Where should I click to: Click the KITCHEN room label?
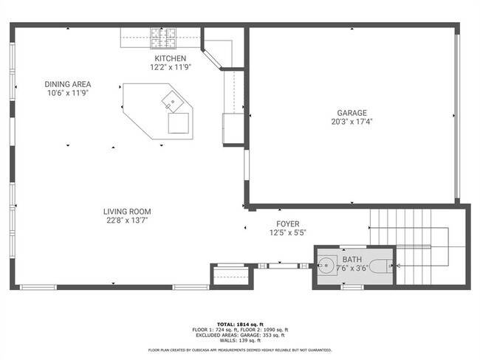[170, 58]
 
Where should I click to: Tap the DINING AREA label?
[68, 84]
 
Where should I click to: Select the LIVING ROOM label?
[127, 211]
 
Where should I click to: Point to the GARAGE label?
[352, 113]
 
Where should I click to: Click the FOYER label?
[288, 224]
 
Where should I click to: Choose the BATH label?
[352, 260]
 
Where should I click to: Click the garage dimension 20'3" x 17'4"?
[352, 122]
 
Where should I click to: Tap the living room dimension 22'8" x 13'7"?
[127, 221]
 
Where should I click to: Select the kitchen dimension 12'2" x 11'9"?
[170, 67]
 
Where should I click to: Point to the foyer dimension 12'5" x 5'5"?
[288, 233]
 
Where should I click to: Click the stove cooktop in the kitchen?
[163, 38]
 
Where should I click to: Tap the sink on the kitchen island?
[173, 102]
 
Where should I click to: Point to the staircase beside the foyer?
[418, 246]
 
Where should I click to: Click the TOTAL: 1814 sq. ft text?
[240, 324]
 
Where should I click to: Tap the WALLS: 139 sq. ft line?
[240, 340]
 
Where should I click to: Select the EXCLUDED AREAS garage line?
[240, 335]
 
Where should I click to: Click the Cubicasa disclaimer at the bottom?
[240, 350]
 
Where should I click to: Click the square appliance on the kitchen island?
[179, 123]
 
